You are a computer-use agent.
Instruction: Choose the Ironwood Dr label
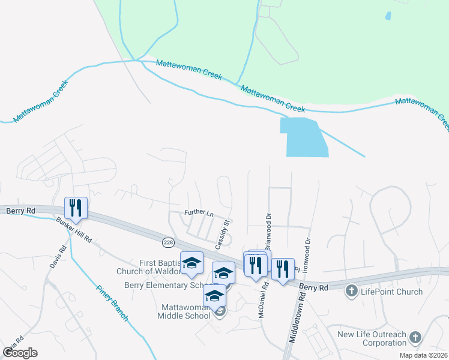307,255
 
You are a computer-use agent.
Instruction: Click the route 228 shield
167,242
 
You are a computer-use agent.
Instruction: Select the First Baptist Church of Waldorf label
160,268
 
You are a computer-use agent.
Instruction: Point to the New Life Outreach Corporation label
372,339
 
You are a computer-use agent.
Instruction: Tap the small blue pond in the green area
388,16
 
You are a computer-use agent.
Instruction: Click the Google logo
20,352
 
